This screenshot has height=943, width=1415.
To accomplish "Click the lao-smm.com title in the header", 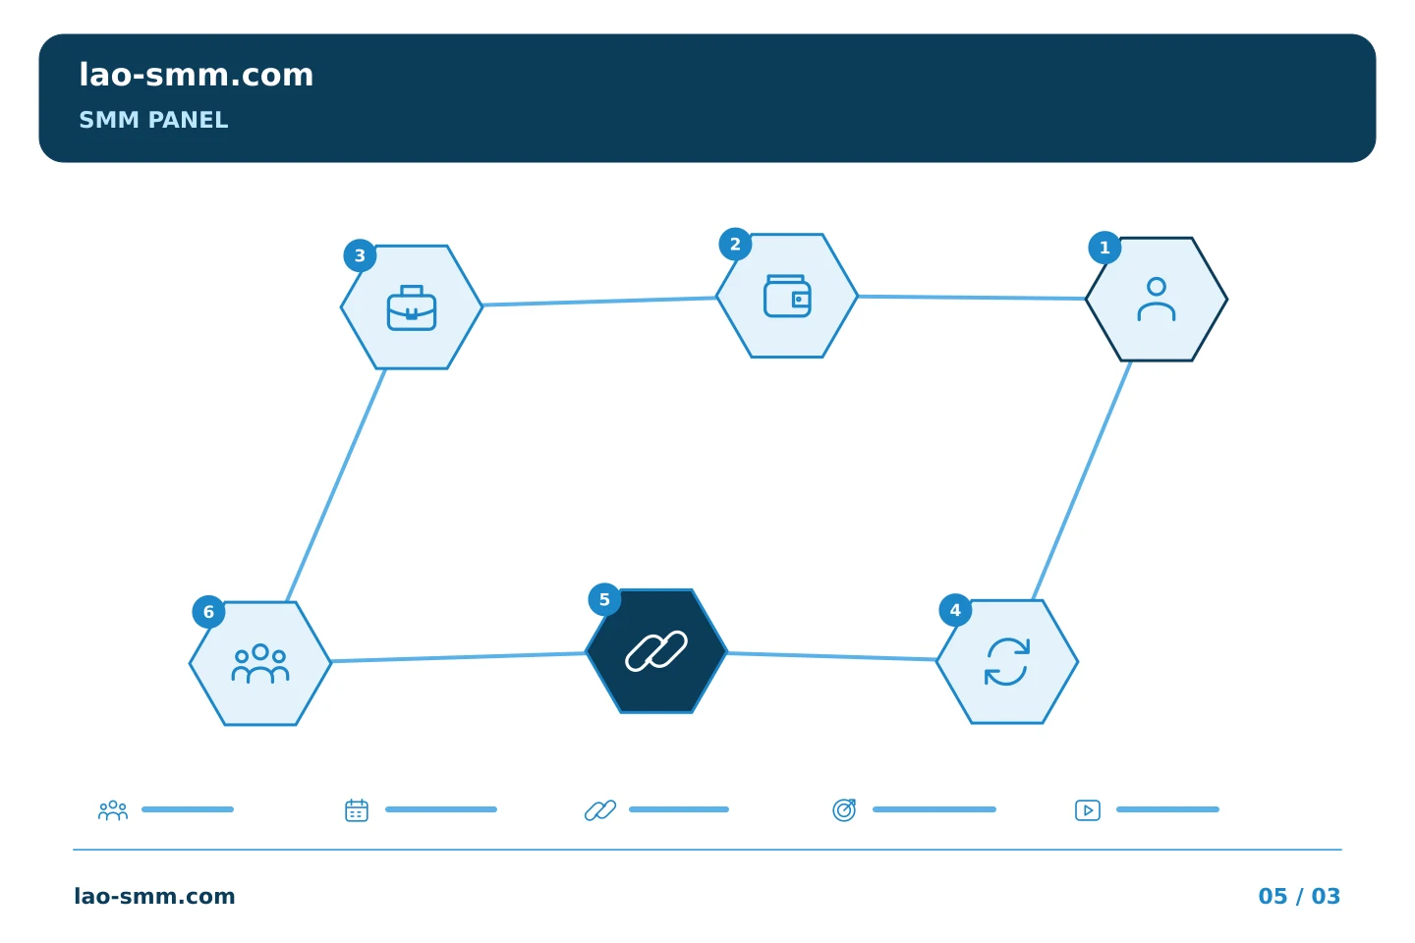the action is [x=196, y=76].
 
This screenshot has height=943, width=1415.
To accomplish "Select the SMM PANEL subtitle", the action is [x=153, y=120].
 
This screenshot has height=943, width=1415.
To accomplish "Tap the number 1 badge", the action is [x=1104, y=248].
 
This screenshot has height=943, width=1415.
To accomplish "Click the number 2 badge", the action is [x=735, y=245].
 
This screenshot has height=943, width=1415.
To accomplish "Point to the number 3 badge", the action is [x=360, y=255].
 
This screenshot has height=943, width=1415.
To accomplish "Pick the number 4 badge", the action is [x=955, y=610].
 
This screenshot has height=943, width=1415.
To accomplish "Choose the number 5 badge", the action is [x=604, y=599].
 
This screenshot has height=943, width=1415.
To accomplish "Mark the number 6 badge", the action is [x=208, y=612].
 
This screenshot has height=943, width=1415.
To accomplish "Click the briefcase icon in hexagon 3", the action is [x=411, y=308].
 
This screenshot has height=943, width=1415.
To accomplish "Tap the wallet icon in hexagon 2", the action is [x=787, y=296].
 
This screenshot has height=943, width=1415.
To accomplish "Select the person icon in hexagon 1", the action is [x=1156, y=300].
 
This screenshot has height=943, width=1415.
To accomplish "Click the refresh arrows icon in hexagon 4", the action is [x=1007, y=662].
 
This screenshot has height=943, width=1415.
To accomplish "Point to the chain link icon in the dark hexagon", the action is [x=656, y=650].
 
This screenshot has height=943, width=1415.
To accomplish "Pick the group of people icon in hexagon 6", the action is [x=260, y=663].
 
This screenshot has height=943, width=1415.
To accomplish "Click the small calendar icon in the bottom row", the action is [x=357, y=809].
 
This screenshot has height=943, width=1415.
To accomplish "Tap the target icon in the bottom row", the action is [x=844, y=809].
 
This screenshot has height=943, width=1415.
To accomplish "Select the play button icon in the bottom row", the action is [x=1087, y=810].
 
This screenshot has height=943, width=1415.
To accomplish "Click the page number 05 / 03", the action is [x=1299, y=896].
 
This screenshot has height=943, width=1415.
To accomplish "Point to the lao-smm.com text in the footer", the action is [x=154, y=896].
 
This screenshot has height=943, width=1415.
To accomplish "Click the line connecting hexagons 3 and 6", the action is [x=335, y=485].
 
